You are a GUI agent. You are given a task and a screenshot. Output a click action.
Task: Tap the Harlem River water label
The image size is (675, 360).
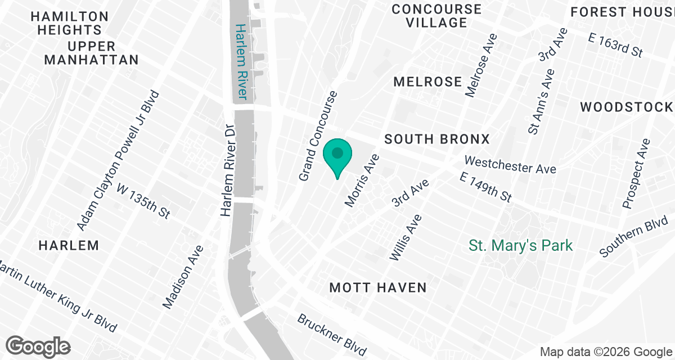[242, 61]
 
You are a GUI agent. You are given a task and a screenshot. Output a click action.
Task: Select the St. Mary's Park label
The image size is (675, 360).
[521, 246]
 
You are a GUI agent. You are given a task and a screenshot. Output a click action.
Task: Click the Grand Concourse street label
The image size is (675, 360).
[318, 136]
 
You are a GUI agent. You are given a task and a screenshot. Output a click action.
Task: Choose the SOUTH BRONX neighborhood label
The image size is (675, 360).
[437, 139]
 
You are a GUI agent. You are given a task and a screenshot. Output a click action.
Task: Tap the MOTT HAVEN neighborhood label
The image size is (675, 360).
[378, 288]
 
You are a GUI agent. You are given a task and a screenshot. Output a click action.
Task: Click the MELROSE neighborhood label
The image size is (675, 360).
[427, 82]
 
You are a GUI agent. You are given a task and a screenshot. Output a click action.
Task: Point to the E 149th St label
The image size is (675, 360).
[485, 187]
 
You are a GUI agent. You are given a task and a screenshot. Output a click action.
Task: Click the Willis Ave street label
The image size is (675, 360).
[404, 237]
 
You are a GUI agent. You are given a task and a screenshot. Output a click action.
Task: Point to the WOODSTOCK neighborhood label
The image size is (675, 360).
[626, 107]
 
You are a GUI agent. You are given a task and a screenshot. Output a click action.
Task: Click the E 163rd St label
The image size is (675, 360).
[615, 45]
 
